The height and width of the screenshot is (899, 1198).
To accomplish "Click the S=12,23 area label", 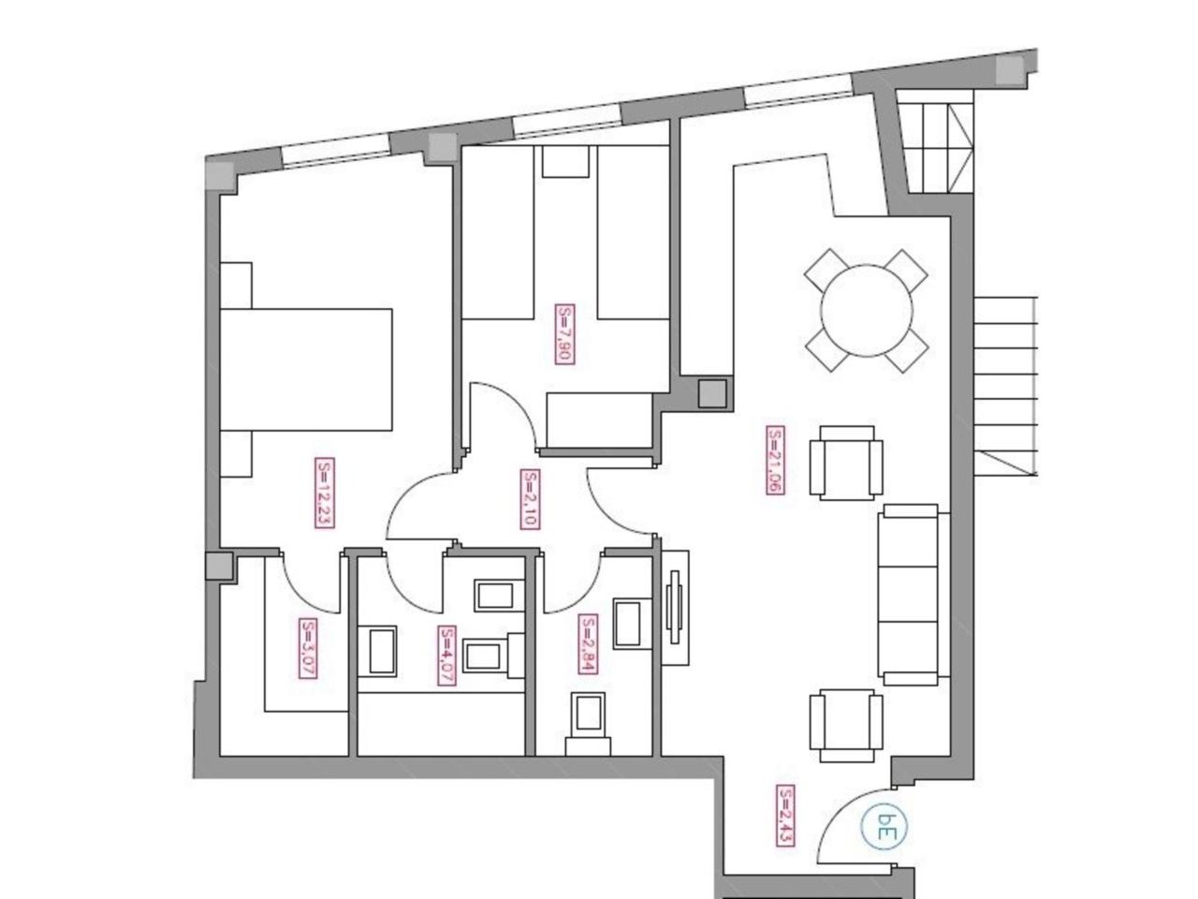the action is (324, 493).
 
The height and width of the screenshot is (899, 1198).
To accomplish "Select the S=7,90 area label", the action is (564, 334).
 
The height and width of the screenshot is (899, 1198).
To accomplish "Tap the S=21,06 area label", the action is (776, 460).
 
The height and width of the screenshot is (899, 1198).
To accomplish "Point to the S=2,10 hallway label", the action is (531, 498).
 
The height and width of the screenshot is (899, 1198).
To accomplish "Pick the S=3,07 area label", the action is (307, 647).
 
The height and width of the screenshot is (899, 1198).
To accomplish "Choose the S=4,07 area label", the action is (446, 655).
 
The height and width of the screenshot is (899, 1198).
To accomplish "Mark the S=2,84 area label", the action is (587, 643).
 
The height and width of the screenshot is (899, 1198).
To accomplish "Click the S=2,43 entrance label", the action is (785, 816).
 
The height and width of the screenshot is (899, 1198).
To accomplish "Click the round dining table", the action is (866, 311).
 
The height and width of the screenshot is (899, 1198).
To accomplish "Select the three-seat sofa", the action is (913, 595).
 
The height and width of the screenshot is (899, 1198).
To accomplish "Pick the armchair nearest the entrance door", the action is (846, 725).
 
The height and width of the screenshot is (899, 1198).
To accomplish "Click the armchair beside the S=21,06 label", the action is (846, 463).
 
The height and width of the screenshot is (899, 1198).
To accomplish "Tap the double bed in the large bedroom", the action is (306, 370).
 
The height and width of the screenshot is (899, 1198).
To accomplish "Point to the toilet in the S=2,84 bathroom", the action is (588, 724).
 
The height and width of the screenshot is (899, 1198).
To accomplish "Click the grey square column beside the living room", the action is (712, 393).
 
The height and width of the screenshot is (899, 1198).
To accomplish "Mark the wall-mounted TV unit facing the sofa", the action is (675, 608).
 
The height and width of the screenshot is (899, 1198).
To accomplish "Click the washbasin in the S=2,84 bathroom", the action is (632, 624).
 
